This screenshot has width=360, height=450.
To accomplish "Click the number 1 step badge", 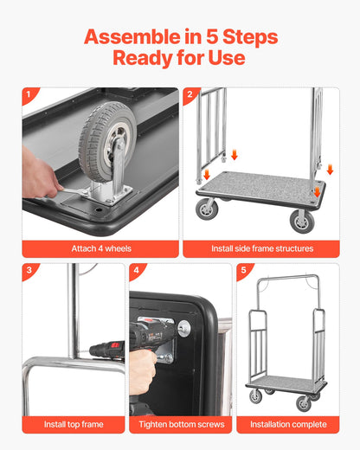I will click(x=29, y=95).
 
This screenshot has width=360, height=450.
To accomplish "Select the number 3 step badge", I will click(x=29, y=270).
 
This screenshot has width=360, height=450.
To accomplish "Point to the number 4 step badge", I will click(x=136, y=270).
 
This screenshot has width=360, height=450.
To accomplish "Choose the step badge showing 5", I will click(x=243, y=270).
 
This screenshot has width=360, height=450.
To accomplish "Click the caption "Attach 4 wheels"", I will click(x=100, y=248).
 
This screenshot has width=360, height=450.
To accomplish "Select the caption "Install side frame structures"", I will click(x=260, y=248).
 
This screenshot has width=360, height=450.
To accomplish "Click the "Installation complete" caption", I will click(x=288, y=424).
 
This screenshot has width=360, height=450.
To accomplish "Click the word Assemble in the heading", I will click(x=136, y=37).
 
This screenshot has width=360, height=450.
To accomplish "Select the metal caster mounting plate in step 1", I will click(x=109, y=193).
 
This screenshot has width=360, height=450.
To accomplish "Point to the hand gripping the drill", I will click(x=142, y=369).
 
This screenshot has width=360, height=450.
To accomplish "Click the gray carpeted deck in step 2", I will click(x=260, y=185).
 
